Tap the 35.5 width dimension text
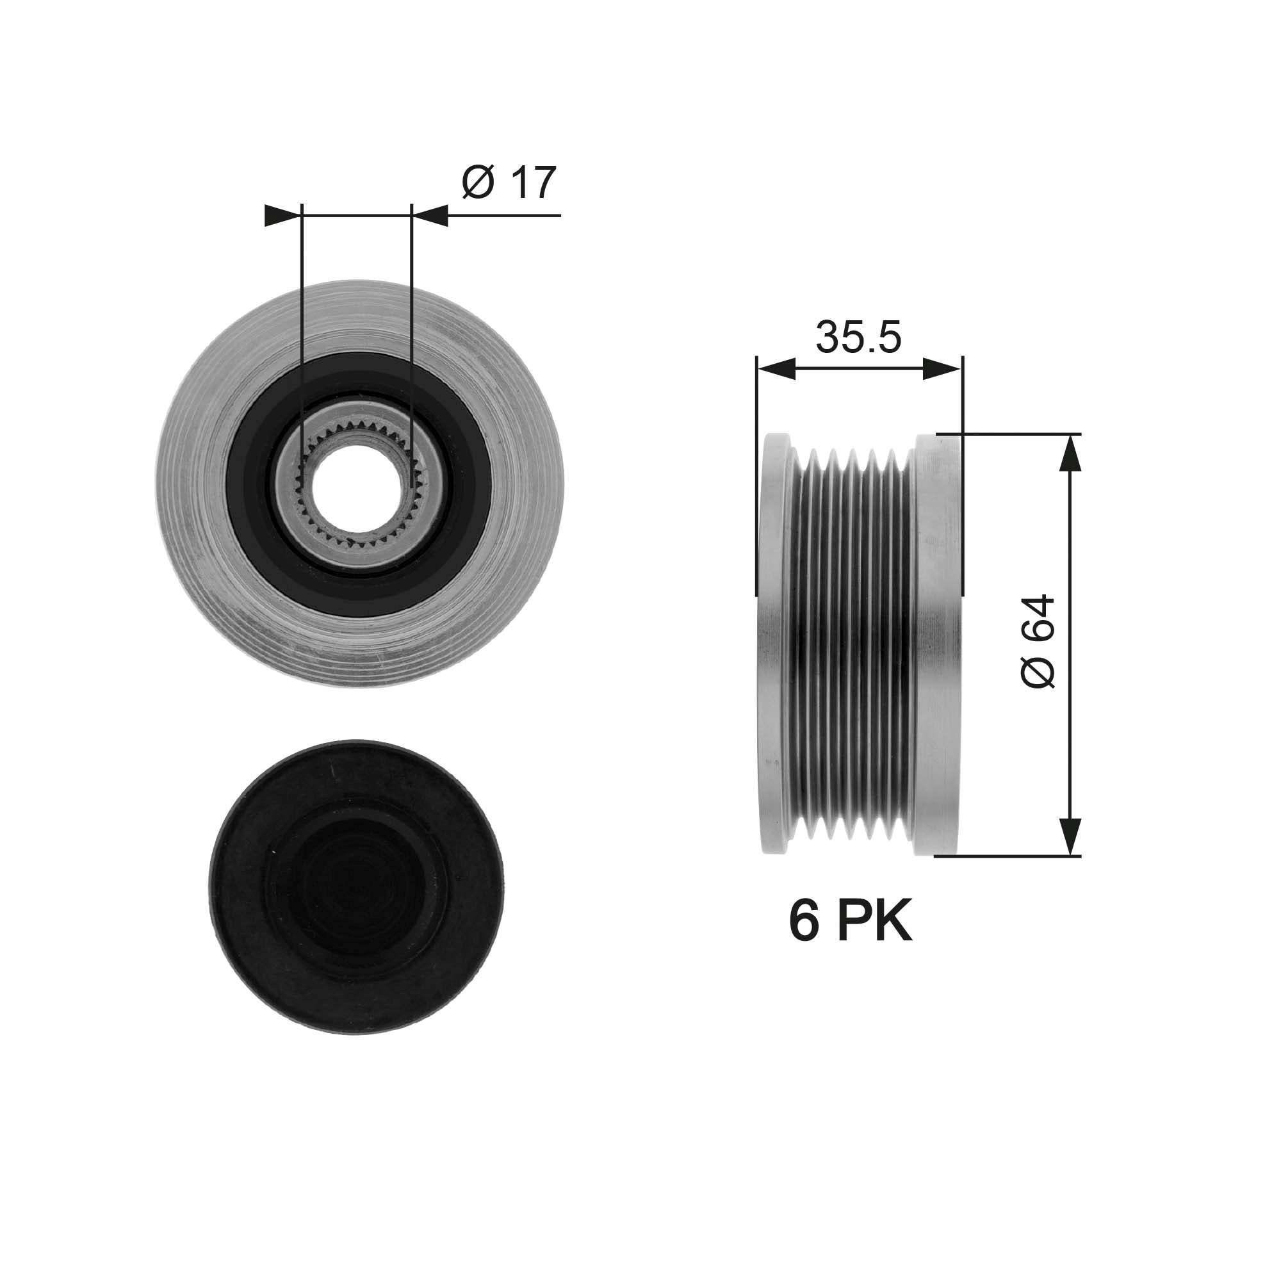(x=858, y=338)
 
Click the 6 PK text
(x=851, y=921)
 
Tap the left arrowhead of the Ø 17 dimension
(x=282, y=215)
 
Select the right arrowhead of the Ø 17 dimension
(x=431, y=215)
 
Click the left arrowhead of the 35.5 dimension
(x=776, y=370)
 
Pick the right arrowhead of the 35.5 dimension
(x=942, y=370)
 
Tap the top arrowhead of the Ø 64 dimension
(x=1070, y=453)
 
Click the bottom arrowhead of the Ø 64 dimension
(x=1070, y=836)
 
